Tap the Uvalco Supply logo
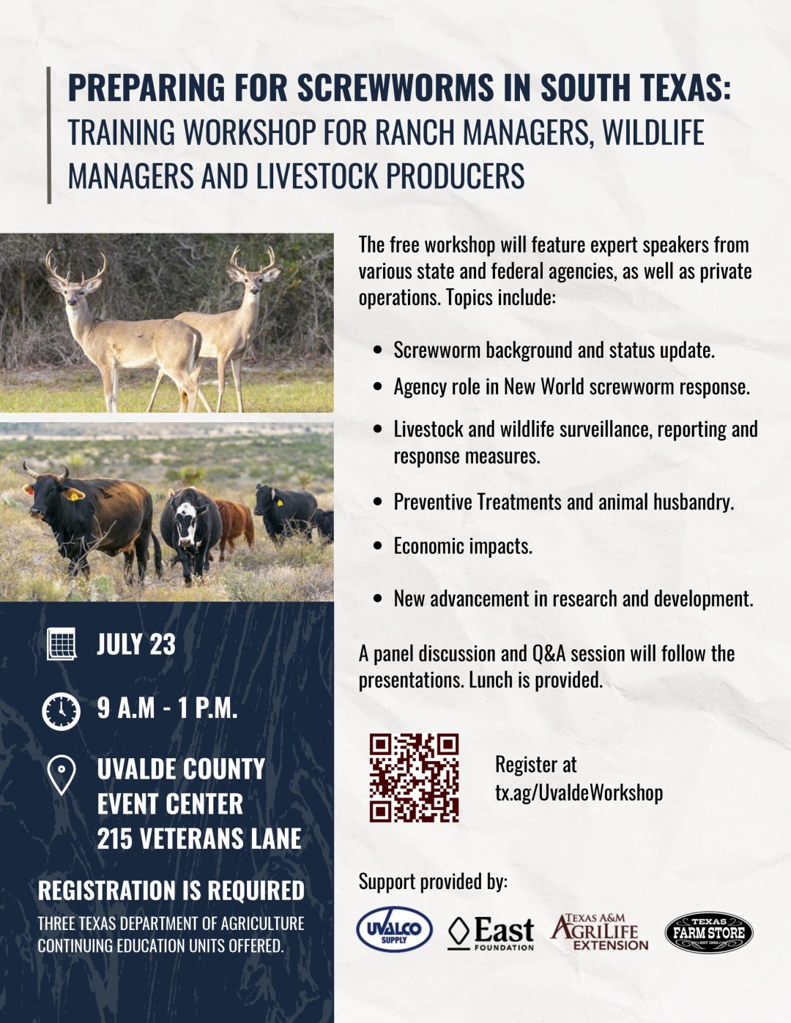coord(394,930)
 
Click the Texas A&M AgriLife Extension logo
coord(599,932)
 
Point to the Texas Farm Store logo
coord(708,932)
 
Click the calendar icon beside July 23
coord(62,643)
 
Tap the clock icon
coord(62,711)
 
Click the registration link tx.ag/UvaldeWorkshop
coord(579,792)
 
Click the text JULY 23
coord(136,643)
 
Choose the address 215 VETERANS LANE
coord(198,838)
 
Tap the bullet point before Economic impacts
coord(377,546)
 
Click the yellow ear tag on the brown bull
coord(75,495)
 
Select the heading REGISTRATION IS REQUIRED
coord(171,891)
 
